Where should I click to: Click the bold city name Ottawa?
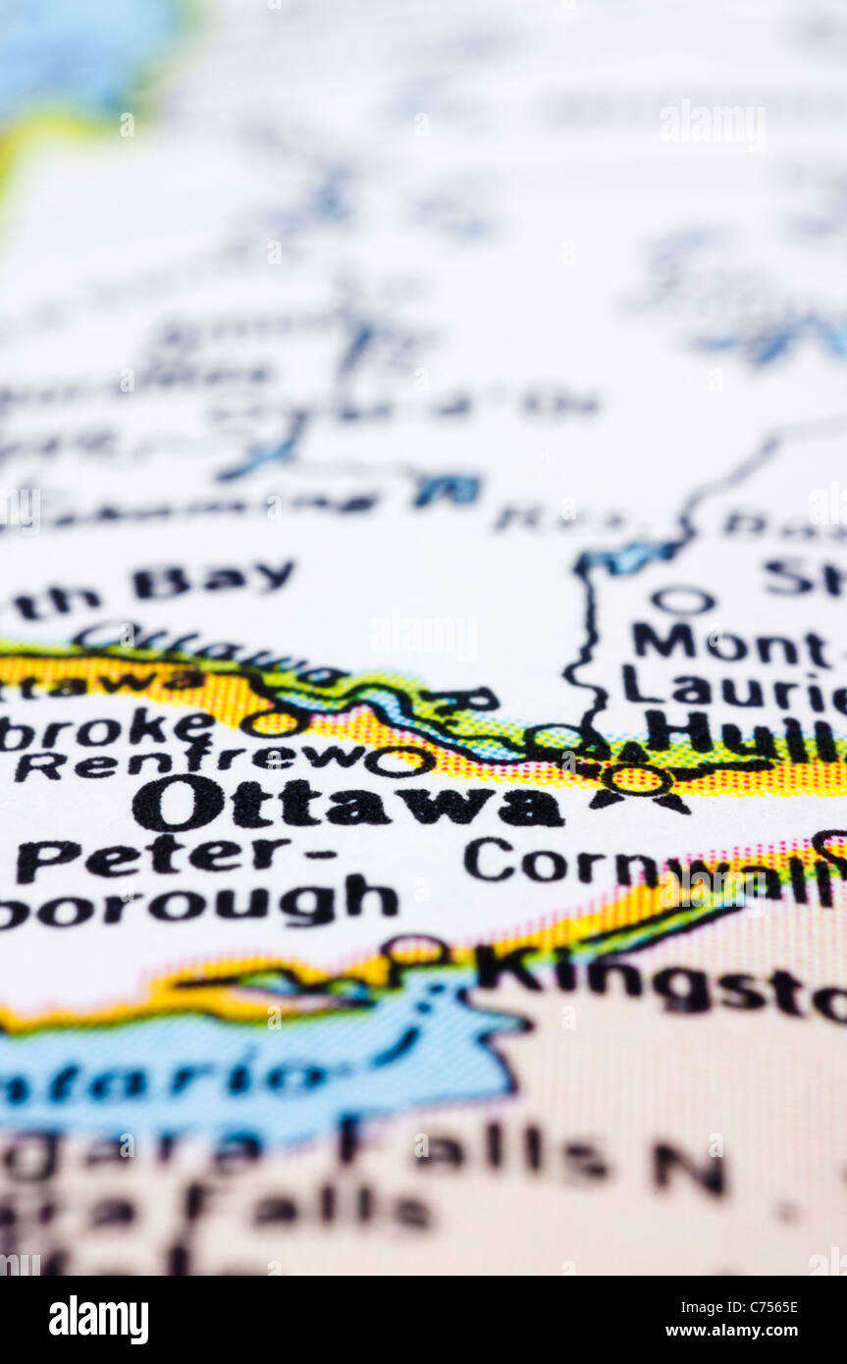[347, 804]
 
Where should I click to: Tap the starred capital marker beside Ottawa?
[639, 781]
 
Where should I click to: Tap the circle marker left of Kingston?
[415, 950]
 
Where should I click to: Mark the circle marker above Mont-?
[684, 600]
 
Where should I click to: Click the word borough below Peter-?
[196, 903]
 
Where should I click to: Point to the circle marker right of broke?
[273, 723]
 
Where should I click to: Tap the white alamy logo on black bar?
[98, 1319]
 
